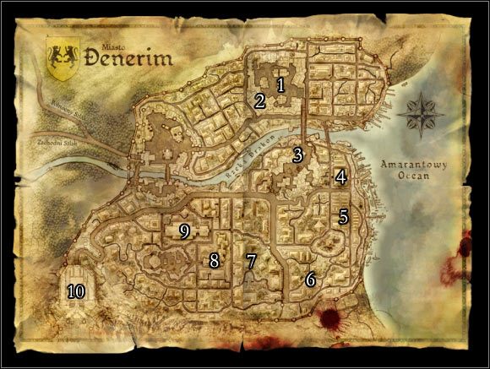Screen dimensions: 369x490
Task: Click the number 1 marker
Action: click(x=280, y=84)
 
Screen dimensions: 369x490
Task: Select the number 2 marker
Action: click(x=259, y=101)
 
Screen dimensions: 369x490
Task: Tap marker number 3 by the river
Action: click(x=297, y=155)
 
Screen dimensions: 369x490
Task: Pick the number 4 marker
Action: click(x=340, y=177)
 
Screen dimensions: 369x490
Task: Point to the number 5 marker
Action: click(x=342, y=216)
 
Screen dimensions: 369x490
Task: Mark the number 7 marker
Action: click(x=250, y=261)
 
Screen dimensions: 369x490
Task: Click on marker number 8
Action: click(x=214, y=261)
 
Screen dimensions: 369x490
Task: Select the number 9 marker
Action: click(x=183, y=230)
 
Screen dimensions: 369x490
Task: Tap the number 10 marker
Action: click(x=76, y=291)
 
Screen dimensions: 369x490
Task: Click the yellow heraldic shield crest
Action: click(x=63, y=60)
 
